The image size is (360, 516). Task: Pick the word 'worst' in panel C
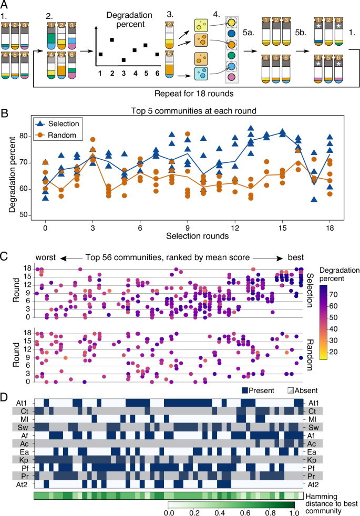pyautogui.click(x=46, y=257)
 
